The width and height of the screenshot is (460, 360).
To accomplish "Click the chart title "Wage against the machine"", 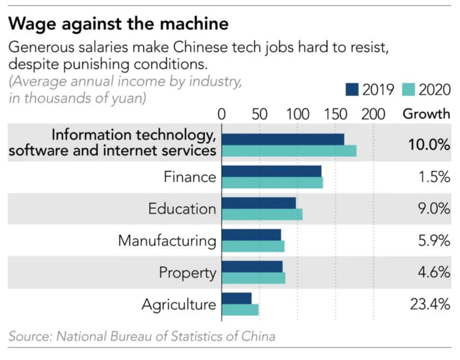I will coord(119,23).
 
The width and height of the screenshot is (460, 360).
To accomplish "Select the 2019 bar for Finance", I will coord(272,171).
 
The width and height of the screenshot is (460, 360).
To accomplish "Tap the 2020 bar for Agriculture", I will coord(240,310).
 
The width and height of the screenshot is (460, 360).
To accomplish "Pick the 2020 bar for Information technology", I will coord(289,151).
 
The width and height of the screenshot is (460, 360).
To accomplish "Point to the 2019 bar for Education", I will coord(259,203).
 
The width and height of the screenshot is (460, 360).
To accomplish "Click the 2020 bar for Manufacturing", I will coord(253,246).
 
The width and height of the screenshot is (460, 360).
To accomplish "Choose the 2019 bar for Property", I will coord(252,266).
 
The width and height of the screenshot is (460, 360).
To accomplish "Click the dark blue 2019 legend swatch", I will coord(352,90).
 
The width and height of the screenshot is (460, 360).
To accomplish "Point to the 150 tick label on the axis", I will coord(335,114).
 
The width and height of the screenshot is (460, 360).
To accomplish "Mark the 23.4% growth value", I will coord(430,304).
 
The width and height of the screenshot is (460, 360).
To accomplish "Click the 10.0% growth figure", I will coord(429,145).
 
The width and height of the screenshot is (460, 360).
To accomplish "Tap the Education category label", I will coord(182,209).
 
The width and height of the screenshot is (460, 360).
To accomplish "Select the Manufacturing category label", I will coord(167,240).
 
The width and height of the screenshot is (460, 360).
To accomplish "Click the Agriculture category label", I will coord(179,305).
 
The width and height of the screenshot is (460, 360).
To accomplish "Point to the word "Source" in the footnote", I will coord(31,336).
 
